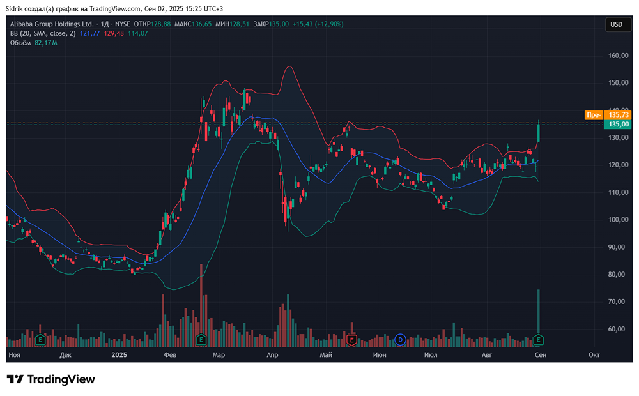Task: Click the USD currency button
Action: (x=616, y=24)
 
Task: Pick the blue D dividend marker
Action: (x=401, y=339)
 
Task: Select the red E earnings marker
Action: (x=351, y=339)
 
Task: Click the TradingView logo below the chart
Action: (x=51, y=379)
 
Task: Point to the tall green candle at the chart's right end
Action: (x=539, y=132)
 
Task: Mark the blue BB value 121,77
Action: (x=90, y=33)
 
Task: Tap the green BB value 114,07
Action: (x=137, y=33)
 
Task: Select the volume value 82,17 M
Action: (x=46, y=43)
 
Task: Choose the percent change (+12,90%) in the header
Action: (x=328, y=24)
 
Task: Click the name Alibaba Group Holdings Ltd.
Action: (x=50, y=24)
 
